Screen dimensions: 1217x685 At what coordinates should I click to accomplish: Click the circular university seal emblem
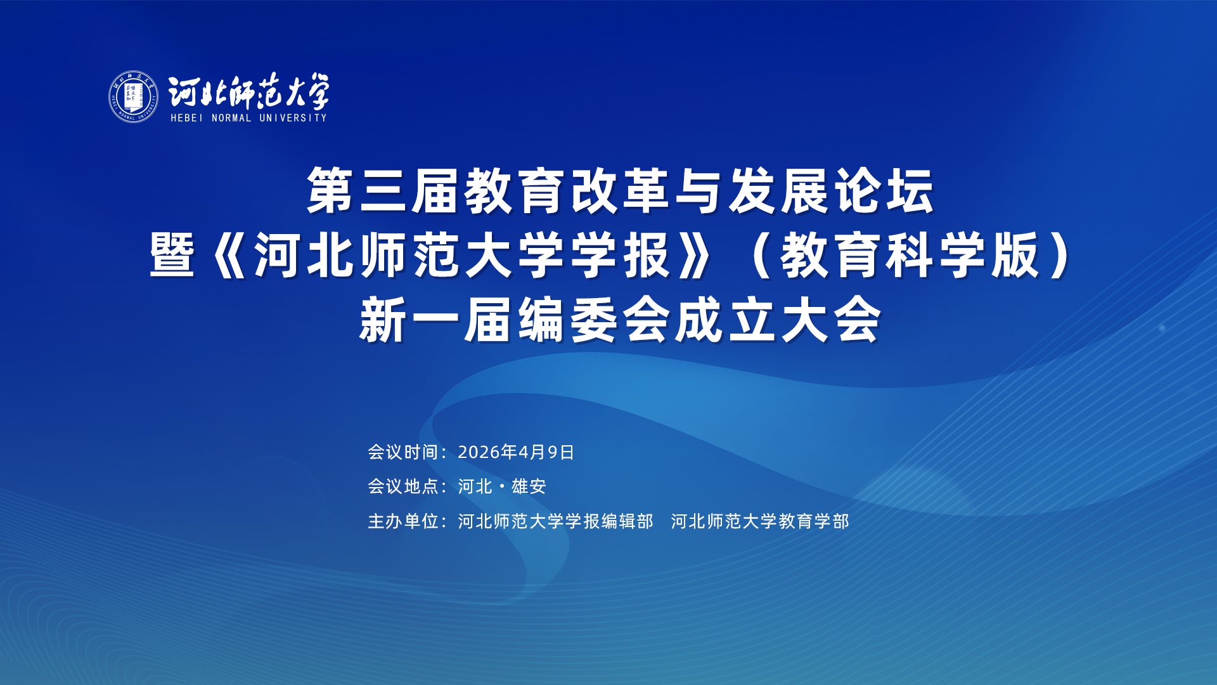tap(133, 96)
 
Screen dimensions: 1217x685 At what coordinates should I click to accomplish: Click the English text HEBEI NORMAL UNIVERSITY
tap(248, 118)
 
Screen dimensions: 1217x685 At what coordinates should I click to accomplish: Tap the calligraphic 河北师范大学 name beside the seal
tap(249, 92)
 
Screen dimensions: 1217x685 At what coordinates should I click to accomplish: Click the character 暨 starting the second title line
tap(172, 255)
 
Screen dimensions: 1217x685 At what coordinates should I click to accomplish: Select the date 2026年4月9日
tap(516, 452)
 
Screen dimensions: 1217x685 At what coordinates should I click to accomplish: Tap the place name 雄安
tap(529, 486)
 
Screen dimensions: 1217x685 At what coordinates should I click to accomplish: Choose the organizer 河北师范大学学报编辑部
tap(555, 521)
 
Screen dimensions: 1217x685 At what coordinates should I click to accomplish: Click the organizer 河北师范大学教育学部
tap(760, 521)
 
